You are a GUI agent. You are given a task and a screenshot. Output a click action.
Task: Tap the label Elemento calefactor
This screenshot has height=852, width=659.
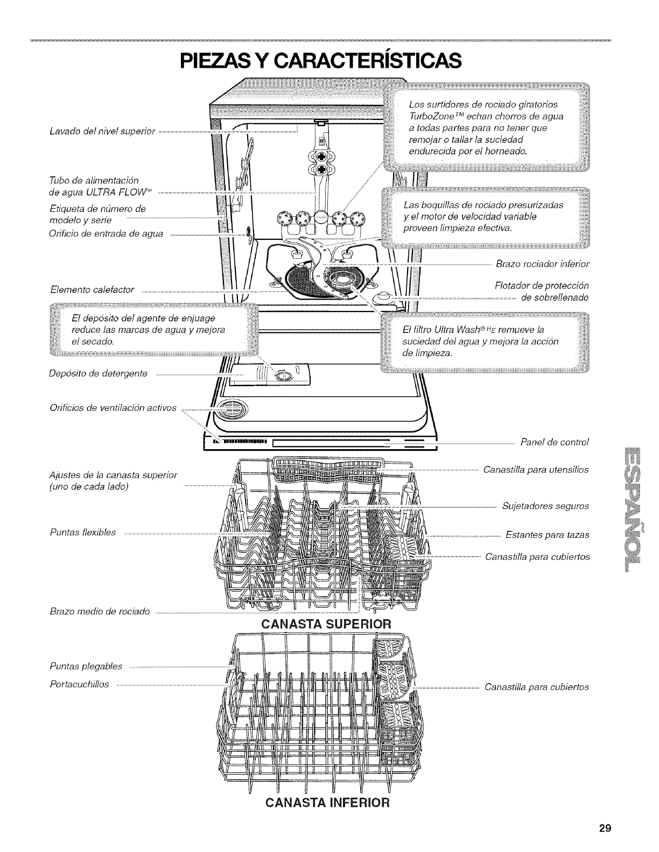point(92,290)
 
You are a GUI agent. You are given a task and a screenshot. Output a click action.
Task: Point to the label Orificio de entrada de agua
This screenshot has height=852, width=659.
point(106,233)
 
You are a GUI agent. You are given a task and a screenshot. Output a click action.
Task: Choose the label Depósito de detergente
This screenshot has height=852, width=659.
point(98,373)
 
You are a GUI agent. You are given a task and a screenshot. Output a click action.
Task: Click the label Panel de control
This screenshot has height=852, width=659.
point(555,442)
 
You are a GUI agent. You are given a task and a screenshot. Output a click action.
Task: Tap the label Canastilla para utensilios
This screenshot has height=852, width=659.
point(536,470)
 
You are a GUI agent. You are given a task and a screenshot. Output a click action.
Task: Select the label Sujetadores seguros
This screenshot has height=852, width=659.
point(545,506)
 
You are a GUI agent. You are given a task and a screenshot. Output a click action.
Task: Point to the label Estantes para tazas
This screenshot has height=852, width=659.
point(547,535)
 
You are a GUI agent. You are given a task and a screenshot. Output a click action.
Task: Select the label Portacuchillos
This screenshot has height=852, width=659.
point(79,684)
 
